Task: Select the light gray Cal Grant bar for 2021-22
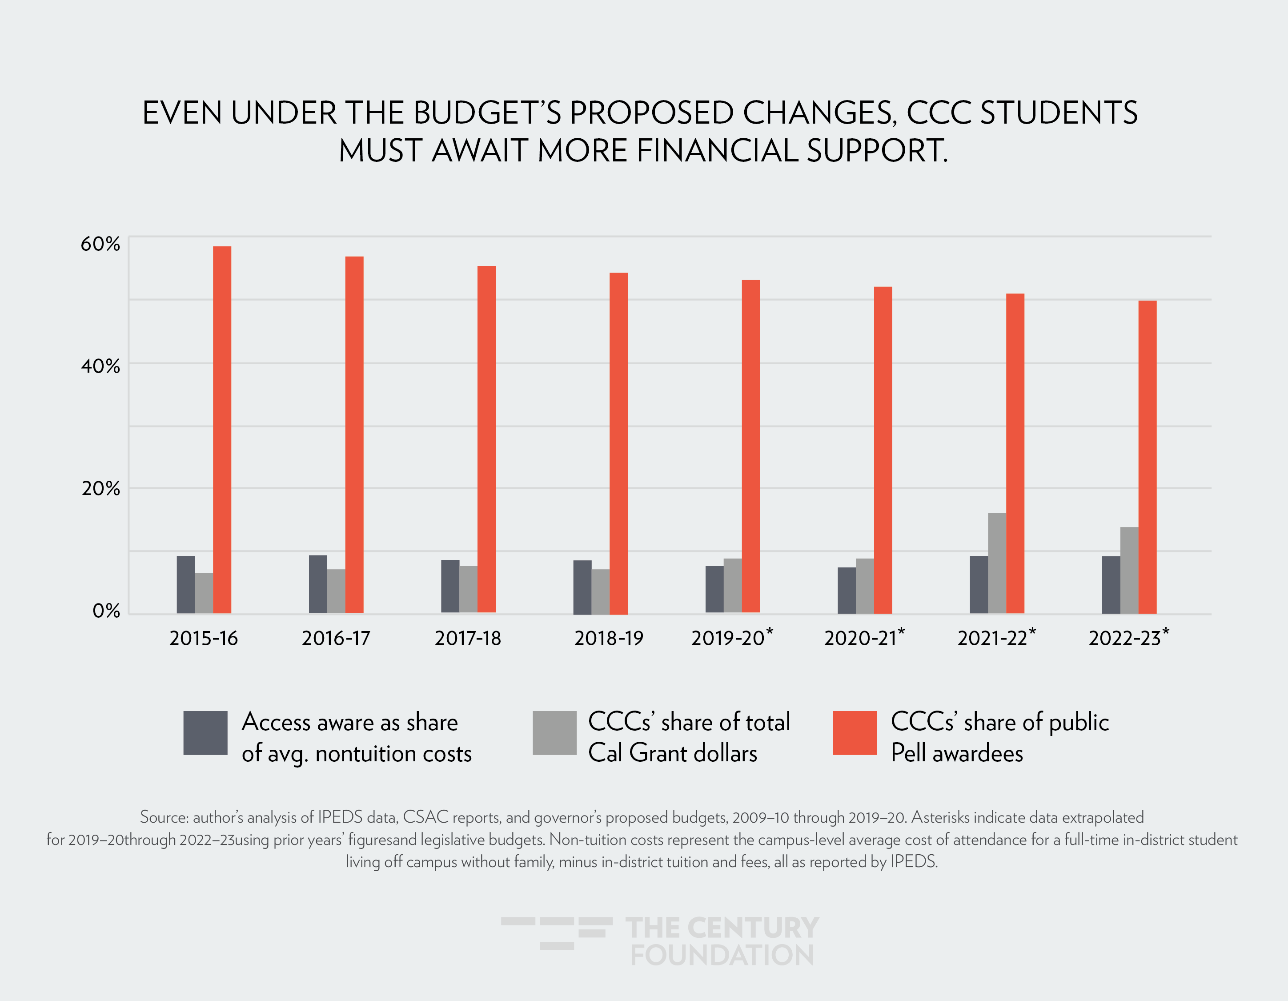pyautogui.click(x=997, y=563)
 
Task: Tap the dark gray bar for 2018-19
pyautogui.click(x=582, y=587)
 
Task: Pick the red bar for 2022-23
pyautogui.click(x=1147, y=457)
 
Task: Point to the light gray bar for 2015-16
pyautogui.click(x=204, y=593)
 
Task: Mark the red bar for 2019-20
pyautogui.click(x=751, y=446)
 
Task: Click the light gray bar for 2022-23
pyautogui.click(x=1129, y=571)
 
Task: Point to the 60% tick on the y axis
pyautogui.click(x=100, y=244)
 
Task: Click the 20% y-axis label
pyautogui.click(x=100, y=488)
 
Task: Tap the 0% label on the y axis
pyautogui.click(x=106, y=611)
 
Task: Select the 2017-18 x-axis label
pyautogui.click(x=468, y=638)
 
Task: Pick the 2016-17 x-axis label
pyautogui.click(x=336, y=638)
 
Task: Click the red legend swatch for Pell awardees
pyautogui.click(x=855, y=732)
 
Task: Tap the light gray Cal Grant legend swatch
pyautogui.click(x=554, y=732)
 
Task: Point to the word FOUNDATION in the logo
pyautogui.click(x=722, y=956)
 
